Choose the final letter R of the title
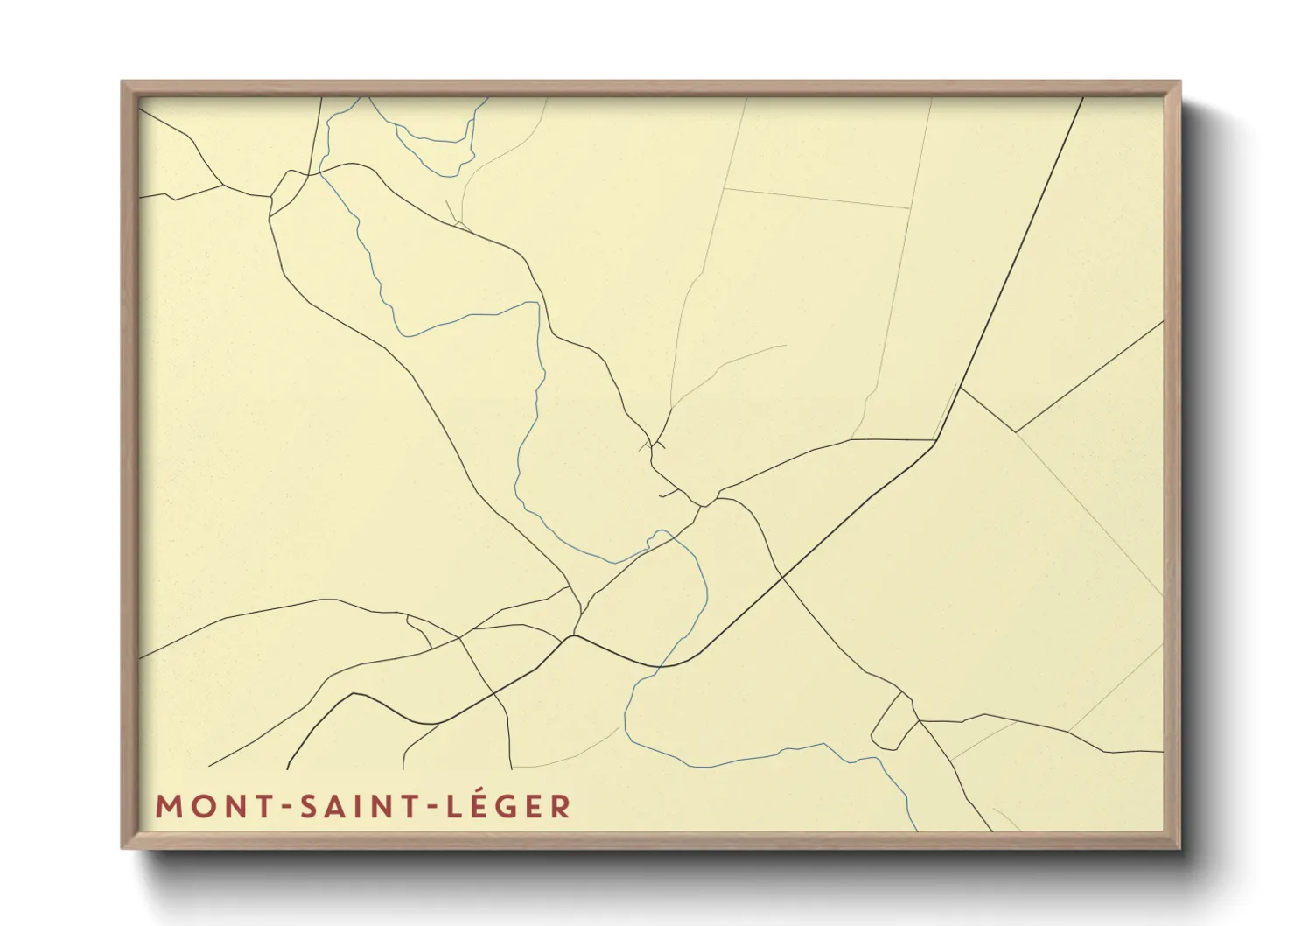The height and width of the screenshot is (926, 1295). tap(561, 806)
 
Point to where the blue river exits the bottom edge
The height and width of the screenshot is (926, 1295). tap(915, 829)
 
